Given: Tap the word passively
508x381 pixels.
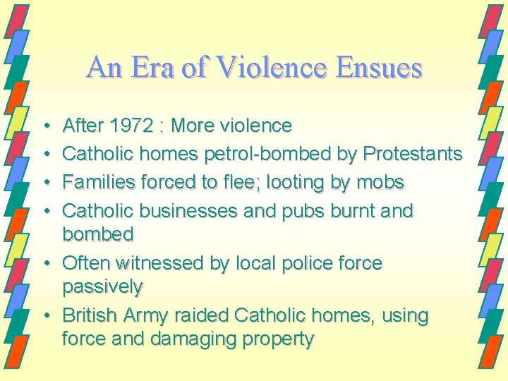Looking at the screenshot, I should [x=102, y=287].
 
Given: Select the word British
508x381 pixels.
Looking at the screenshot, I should [x=91, y=315].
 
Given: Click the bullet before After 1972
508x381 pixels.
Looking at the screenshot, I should [x=44, y=126].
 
